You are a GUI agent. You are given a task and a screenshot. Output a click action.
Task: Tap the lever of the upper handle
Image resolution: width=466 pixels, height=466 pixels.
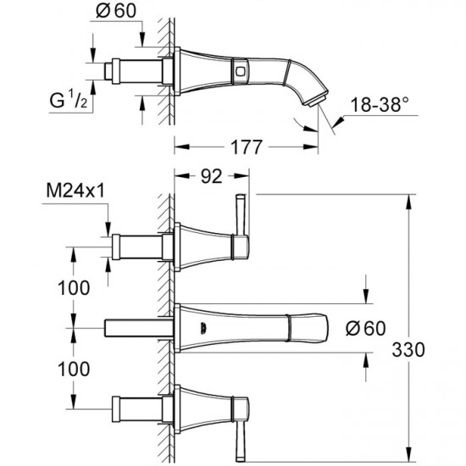tap(240, 220)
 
